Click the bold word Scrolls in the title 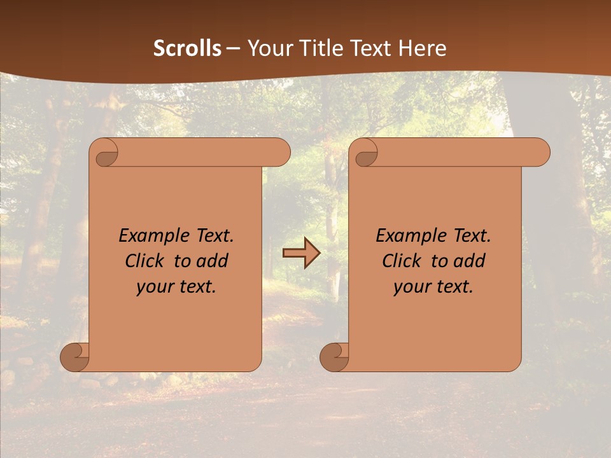(x=188, y=48)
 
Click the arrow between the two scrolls (x=301, y=253)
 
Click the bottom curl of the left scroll (x=74, y=357)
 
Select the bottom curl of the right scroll (x=334, y=357)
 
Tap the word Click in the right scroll (x=402, y=261)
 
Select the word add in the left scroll (x=213, y=261)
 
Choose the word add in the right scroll (x=470, y=261)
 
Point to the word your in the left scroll (x=155, y=287)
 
